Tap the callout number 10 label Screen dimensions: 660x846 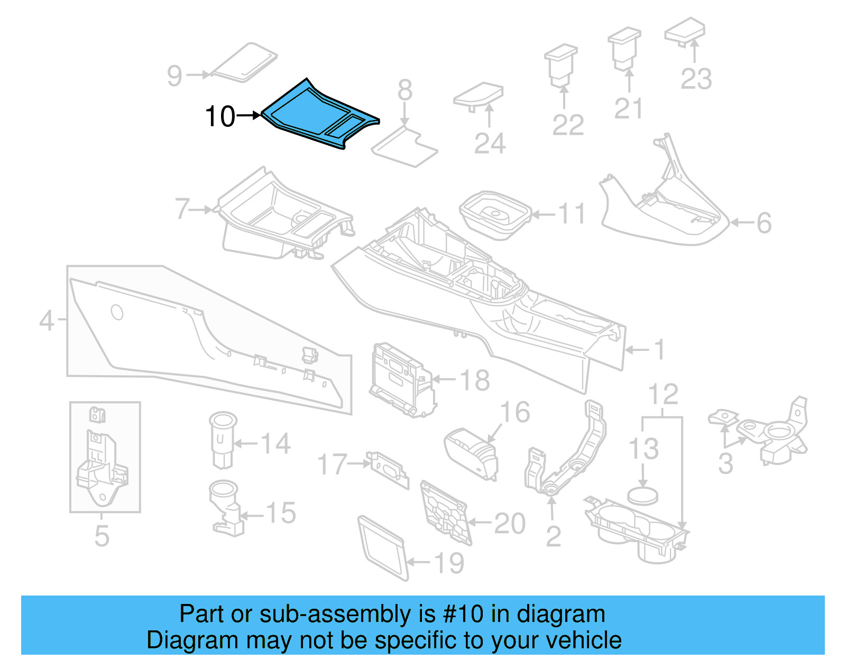[220, 117]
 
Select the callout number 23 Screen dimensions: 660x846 [696, 79]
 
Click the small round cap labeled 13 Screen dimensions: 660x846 [643, 495]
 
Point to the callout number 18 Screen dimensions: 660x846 [475, 380]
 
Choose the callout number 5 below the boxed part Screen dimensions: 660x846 [102, 536]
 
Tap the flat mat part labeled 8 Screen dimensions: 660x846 [405, 145]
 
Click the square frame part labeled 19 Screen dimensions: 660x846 [382, 547]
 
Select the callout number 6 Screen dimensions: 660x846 [764, 223]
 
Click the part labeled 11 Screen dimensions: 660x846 [495, 215]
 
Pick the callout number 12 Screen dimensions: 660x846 [663, 395]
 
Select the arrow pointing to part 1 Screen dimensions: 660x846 [637, 350]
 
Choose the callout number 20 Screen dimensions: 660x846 [509, 524]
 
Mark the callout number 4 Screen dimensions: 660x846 [47, 320]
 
